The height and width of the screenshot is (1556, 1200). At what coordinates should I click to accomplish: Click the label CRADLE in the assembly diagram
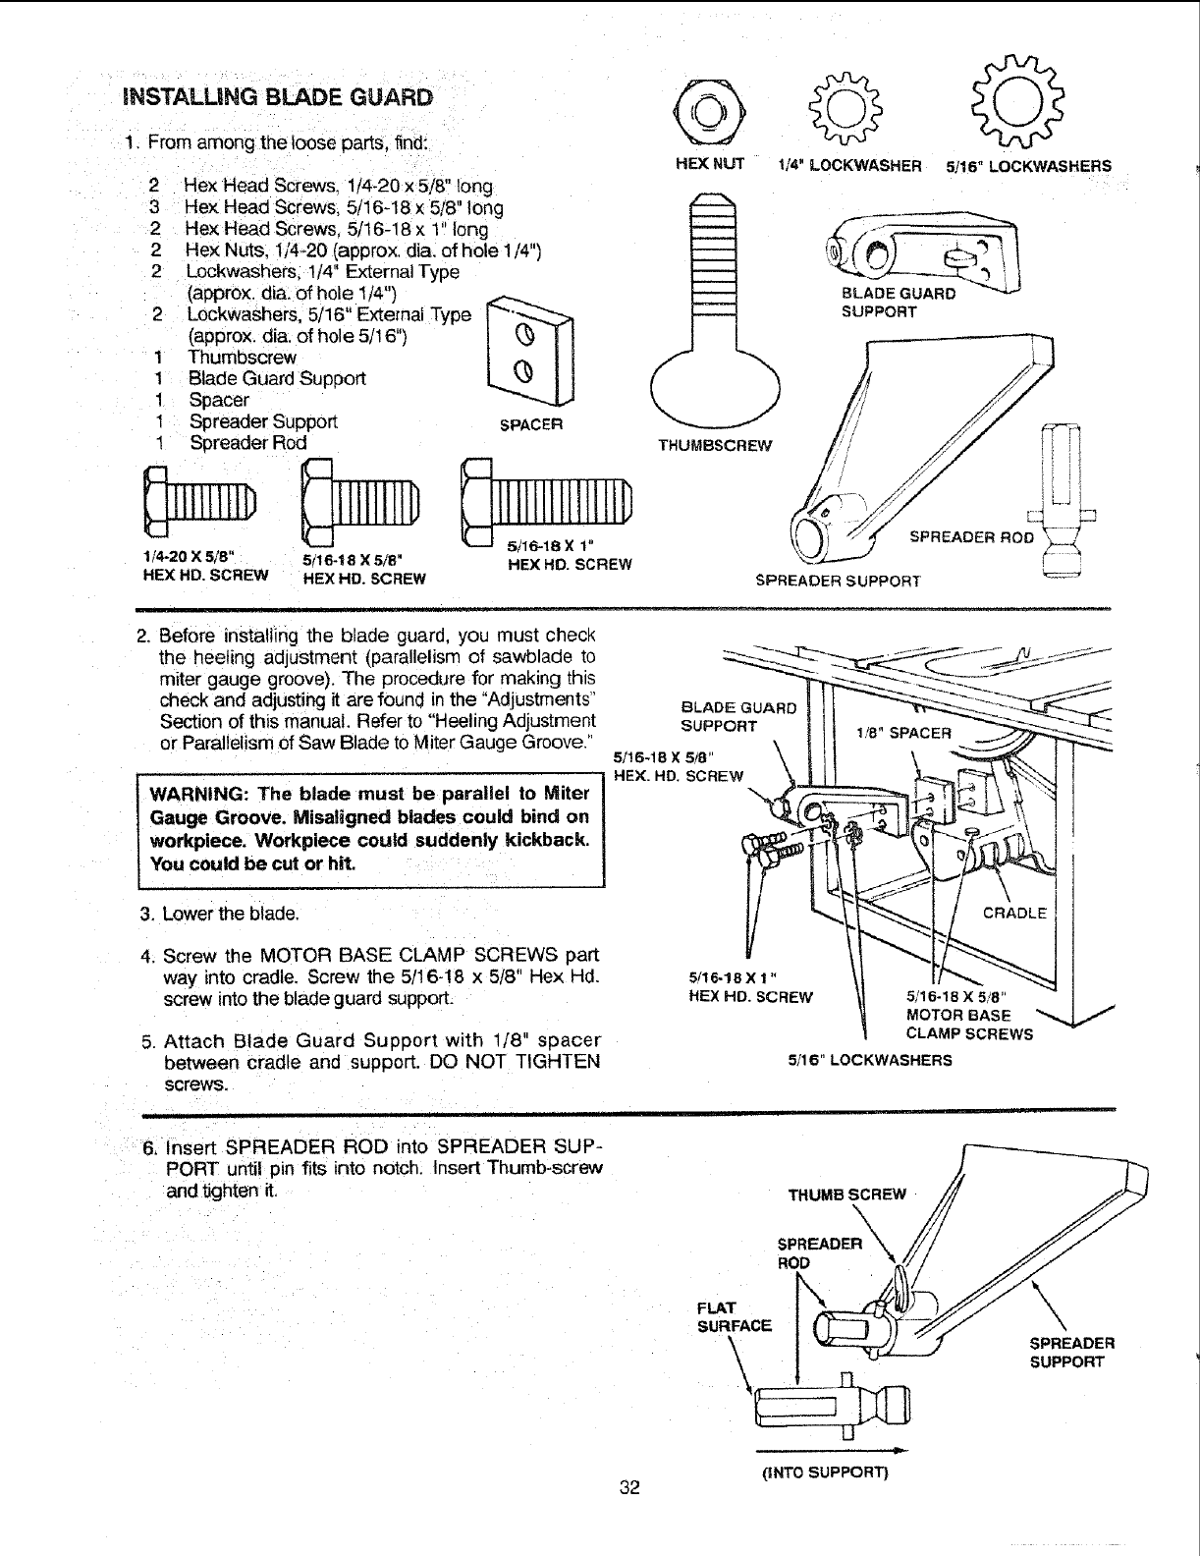[x=1015, y=913]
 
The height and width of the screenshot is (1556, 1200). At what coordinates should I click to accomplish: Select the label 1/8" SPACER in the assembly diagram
[x=903, y=733]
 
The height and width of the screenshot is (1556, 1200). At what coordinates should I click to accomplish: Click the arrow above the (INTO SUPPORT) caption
[x=830, y=1449]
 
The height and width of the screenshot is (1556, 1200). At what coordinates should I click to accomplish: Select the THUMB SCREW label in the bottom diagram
[x=846, y=1195]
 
